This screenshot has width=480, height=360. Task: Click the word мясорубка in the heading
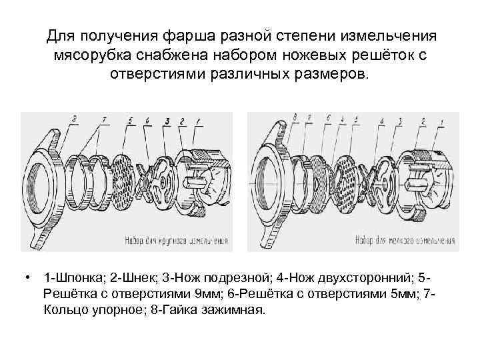(93, 55)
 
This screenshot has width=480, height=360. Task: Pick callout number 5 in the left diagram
(131, 121)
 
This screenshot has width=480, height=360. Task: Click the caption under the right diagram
(403, 238)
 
